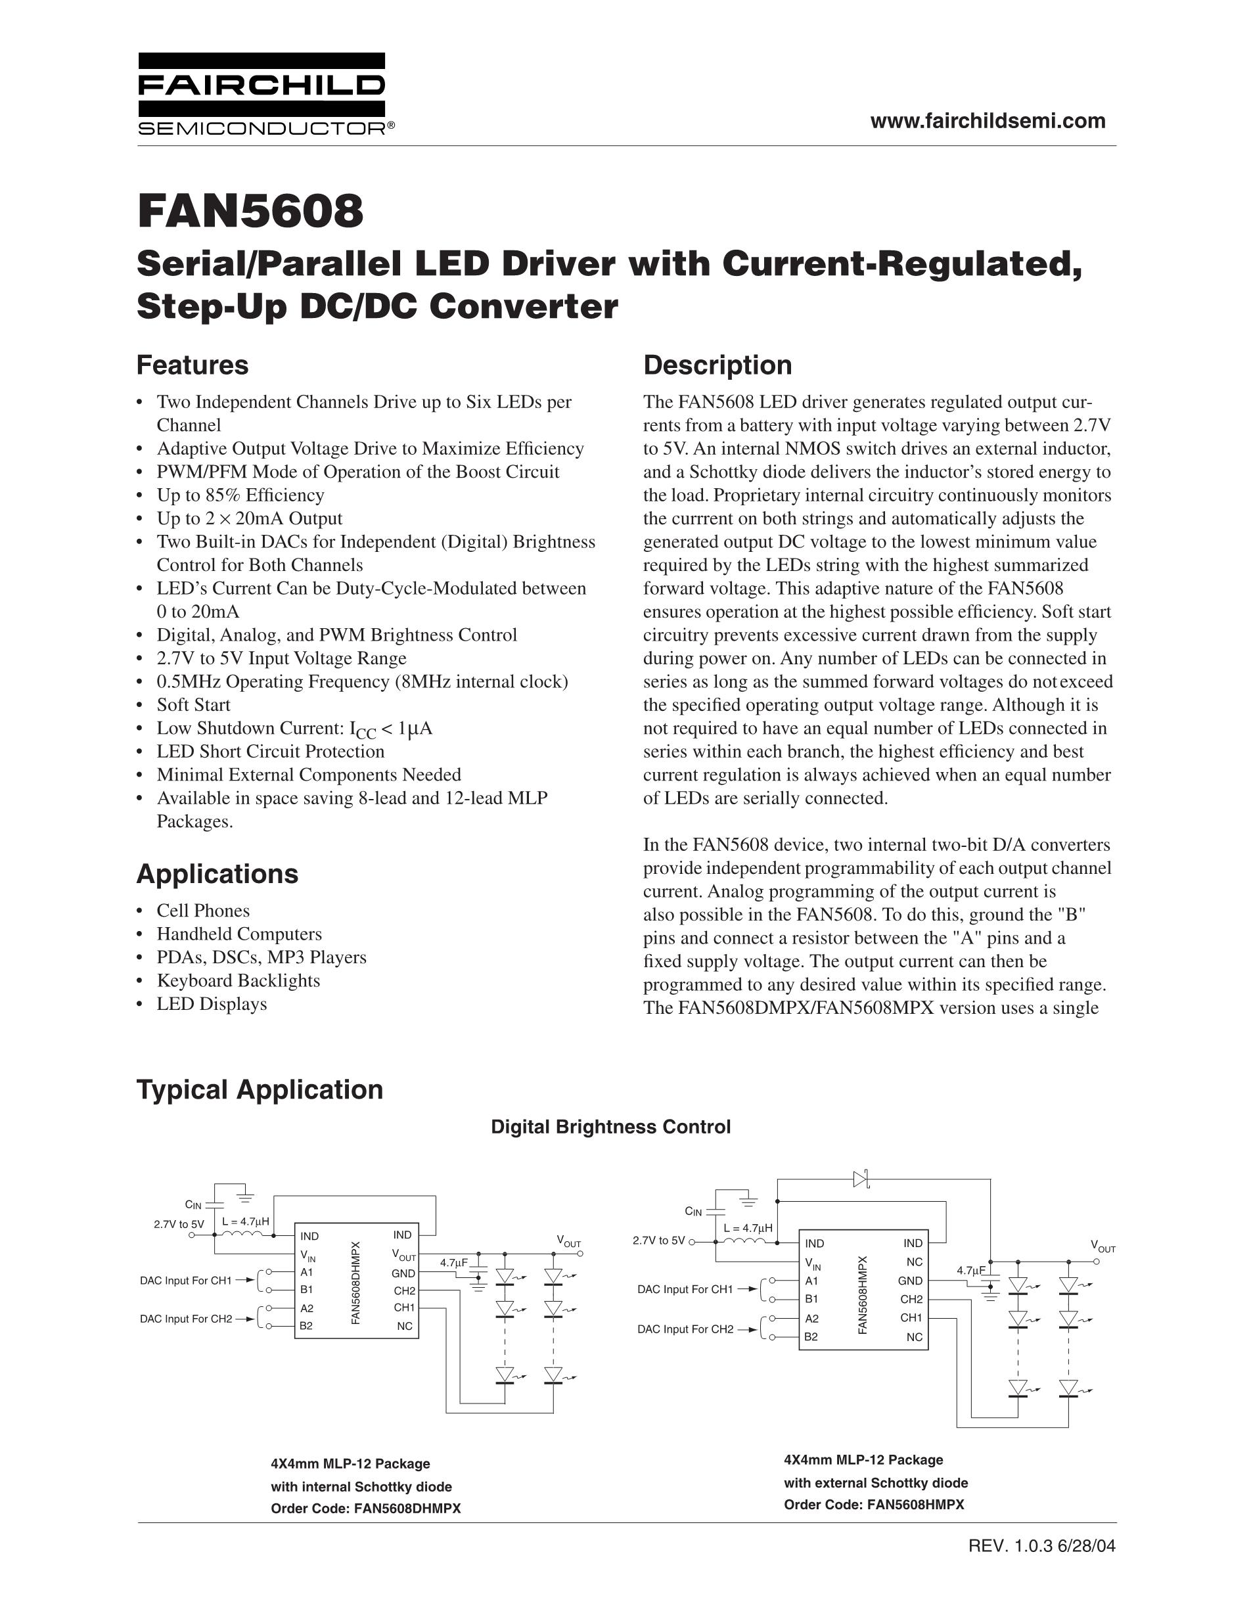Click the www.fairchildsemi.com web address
click(987, 121)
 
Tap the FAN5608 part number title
click(250, 212)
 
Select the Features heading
click(192, 365)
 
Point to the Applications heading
click(217, 874)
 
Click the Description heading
click(717, 365)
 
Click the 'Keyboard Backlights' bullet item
click(238, 981)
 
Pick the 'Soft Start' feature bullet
click(193, 705)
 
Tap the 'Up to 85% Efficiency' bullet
click(240, 495)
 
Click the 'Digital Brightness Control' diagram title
click(610, 1127)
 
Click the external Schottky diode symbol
click(861, 1179)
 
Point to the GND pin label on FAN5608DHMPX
click(403, 1273)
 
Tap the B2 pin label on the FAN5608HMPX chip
click(811, 1336)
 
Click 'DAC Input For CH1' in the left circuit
click(186, 1280)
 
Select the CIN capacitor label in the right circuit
click(693, 1211)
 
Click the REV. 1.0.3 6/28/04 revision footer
click(1041, 1545)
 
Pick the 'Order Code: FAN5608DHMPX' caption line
click(365, 1509)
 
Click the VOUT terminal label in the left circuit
click(568, 1243)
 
